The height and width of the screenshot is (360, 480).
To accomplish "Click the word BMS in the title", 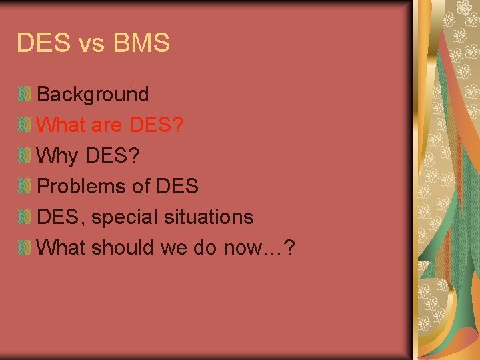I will click(142, 43).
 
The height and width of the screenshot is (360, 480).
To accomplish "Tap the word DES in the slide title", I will click(41, 43).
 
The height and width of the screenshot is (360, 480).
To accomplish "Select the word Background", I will click(93, 95).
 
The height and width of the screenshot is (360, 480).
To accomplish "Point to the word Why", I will click(59, 156).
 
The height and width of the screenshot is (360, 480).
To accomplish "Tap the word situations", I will click(208, 217).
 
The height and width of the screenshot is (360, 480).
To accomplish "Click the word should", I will click(123, 248).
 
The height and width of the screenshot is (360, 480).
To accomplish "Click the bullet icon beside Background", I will click(25, 94).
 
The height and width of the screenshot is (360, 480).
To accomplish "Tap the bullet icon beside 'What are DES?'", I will click(25, 125).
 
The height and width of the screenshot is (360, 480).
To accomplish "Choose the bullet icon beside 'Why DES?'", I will click(25, 155).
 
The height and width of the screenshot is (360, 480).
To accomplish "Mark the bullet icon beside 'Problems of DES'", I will click(25, 186).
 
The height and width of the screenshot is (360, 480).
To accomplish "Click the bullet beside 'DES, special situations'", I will click(25, 217).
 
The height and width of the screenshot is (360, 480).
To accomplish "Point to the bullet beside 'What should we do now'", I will click(25, 247).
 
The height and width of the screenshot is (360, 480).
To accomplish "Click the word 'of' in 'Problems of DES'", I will click(140, 187).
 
